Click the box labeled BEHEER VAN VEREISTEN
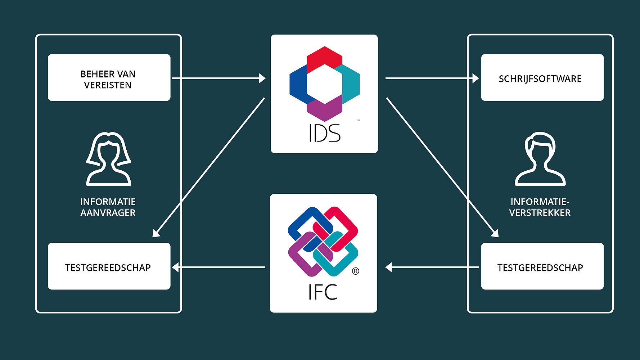[x=109, y=77]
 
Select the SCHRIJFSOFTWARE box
[x=542, y=77]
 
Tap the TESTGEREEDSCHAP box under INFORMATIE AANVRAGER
[x=109, y=266]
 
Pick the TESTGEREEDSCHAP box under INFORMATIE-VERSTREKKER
[x=542, y=266]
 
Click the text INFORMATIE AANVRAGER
[x=108, y=207]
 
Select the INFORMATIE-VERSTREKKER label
[x=540, y=207]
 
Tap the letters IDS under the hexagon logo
[x=324, y=133]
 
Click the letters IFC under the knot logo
[x=323, y=292]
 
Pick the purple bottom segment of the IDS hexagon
[x=325, y=109]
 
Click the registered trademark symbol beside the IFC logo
[x=355, y=271]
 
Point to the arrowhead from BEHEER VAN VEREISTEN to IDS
[x=262, y=78]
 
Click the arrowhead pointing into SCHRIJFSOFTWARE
[x=476, y=78]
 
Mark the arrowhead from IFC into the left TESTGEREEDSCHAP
[x=175, y=267]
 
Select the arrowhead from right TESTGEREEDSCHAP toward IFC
[x=388, y=267]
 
